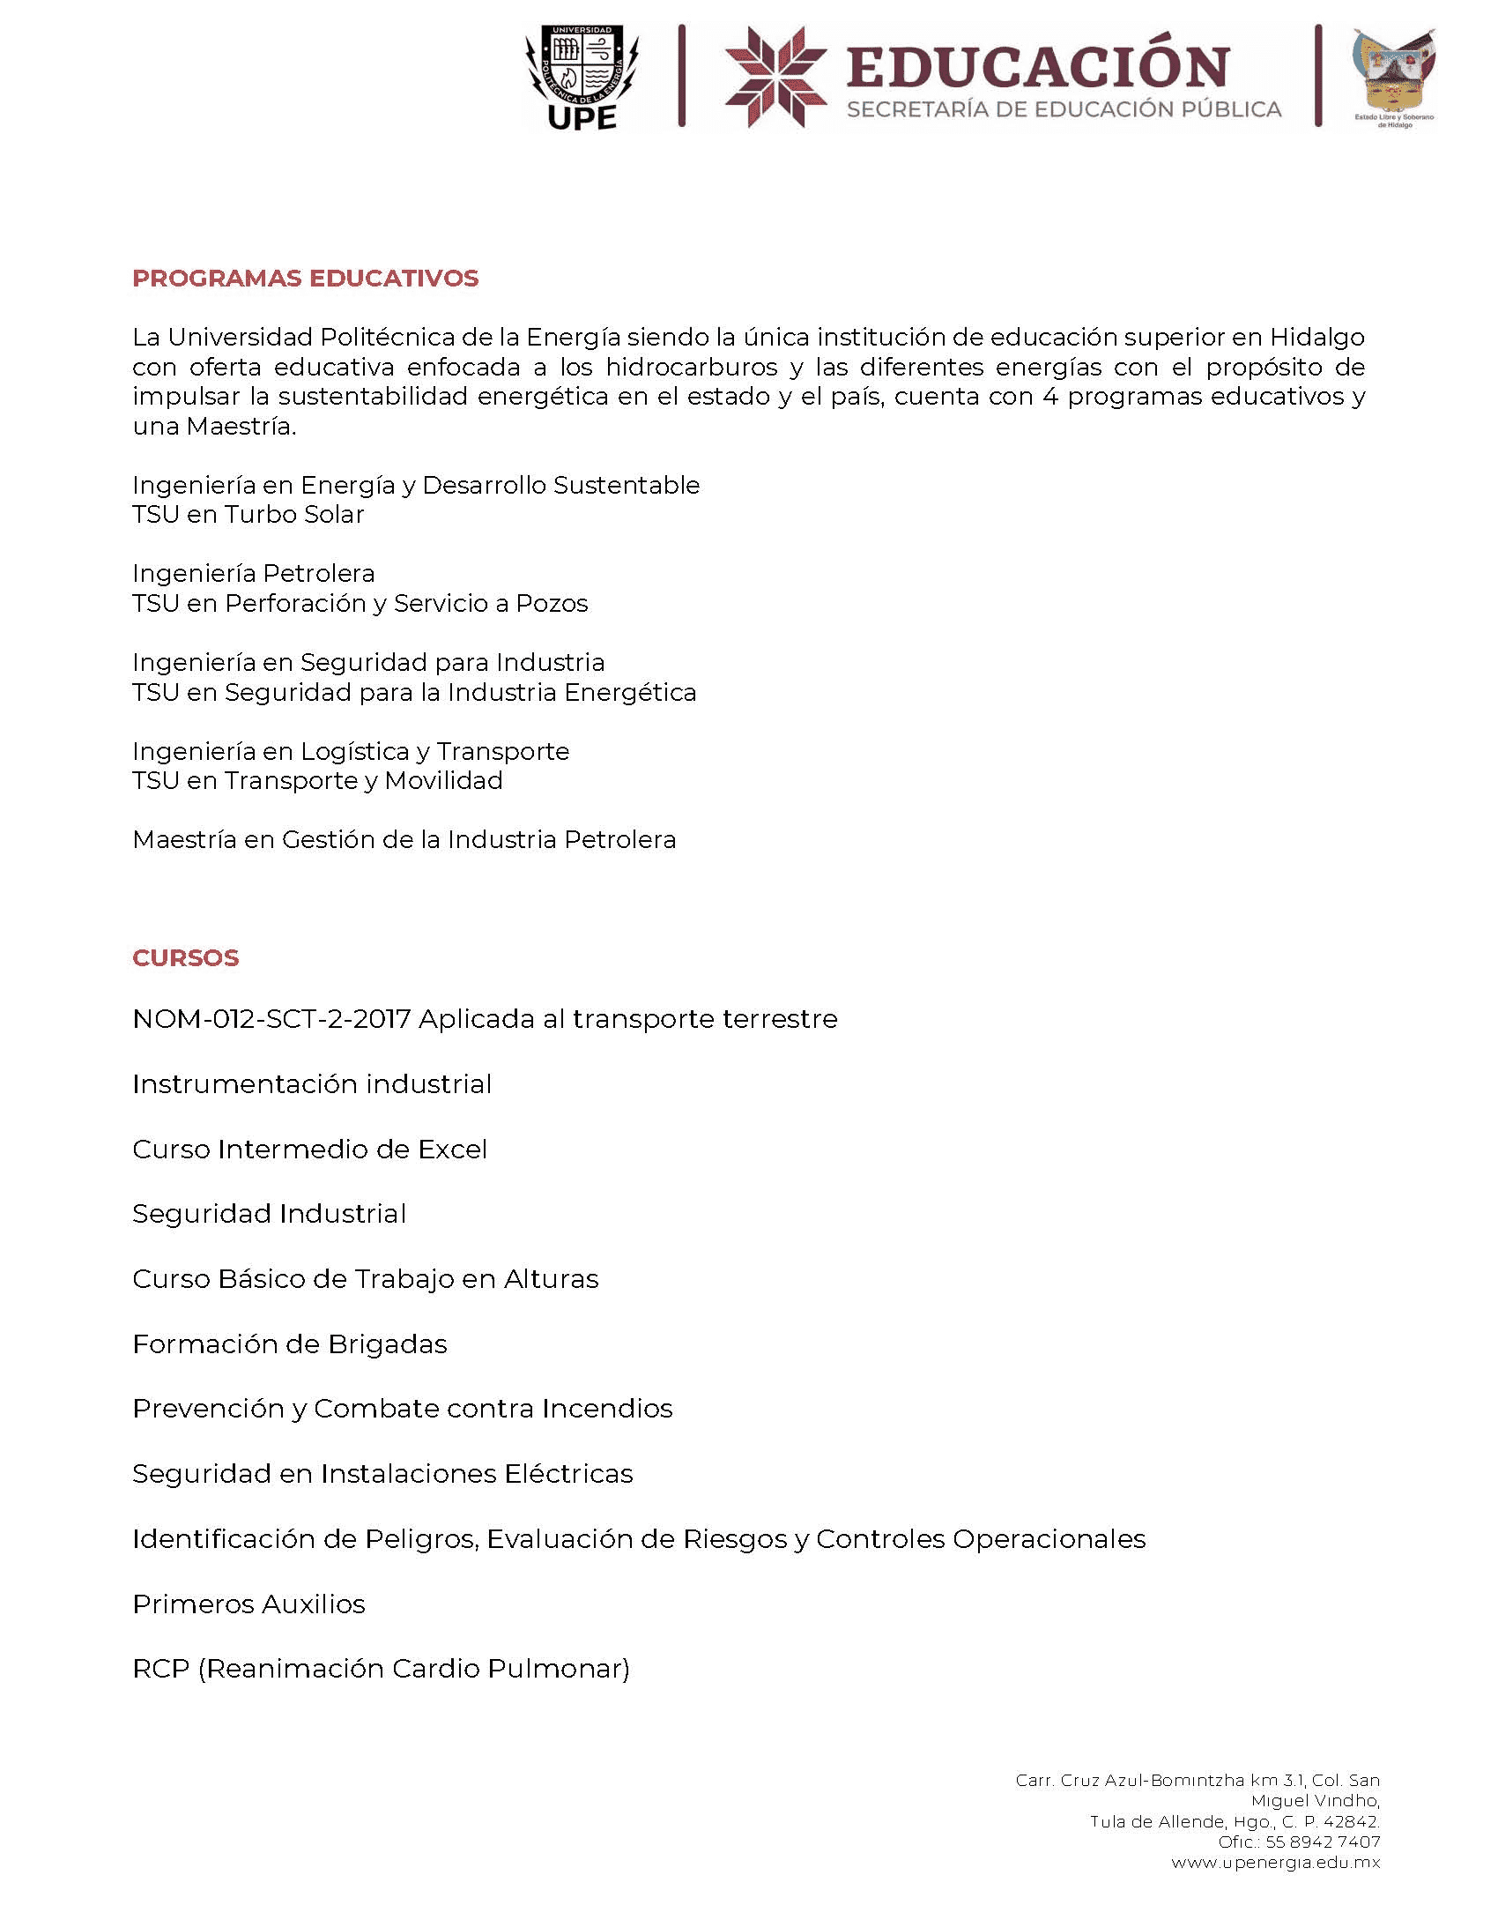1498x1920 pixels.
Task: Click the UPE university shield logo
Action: (x=582, y=78)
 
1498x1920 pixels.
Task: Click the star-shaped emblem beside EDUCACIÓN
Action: (x=775, y=78)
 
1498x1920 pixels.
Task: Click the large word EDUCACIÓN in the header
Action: (x=1038, y=67)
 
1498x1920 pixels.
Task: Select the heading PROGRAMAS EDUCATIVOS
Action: (x=305, y=279)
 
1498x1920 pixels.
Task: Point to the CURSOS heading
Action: (x=185, y=958)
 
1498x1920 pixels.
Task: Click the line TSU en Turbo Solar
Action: (x=248, y=515)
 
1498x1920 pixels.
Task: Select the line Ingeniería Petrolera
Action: (x=253, y=574)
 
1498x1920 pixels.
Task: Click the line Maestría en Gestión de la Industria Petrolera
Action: (x=404, y=840)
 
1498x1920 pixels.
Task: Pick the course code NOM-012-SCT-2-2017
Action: (x=271, y=1019)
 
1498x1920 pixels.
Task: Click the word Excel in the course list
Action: (x=452, y=1150)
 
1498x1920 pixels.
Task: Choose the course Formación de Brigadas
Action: (x=289, y=1344)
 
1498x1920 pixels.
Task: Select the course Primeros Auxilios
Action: (x=248, y=1604)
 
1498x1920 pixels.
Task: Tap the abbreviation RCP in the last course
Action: (x=160, y=1669)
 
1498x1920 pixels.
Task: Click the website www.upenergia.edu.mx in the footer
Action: (x=1275, y=1863)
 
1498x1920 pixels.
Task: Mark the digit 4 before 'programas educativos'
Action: (x=1049, y=398)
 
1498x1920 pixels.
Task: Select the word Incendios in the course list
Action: (x=607, y=1409)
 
